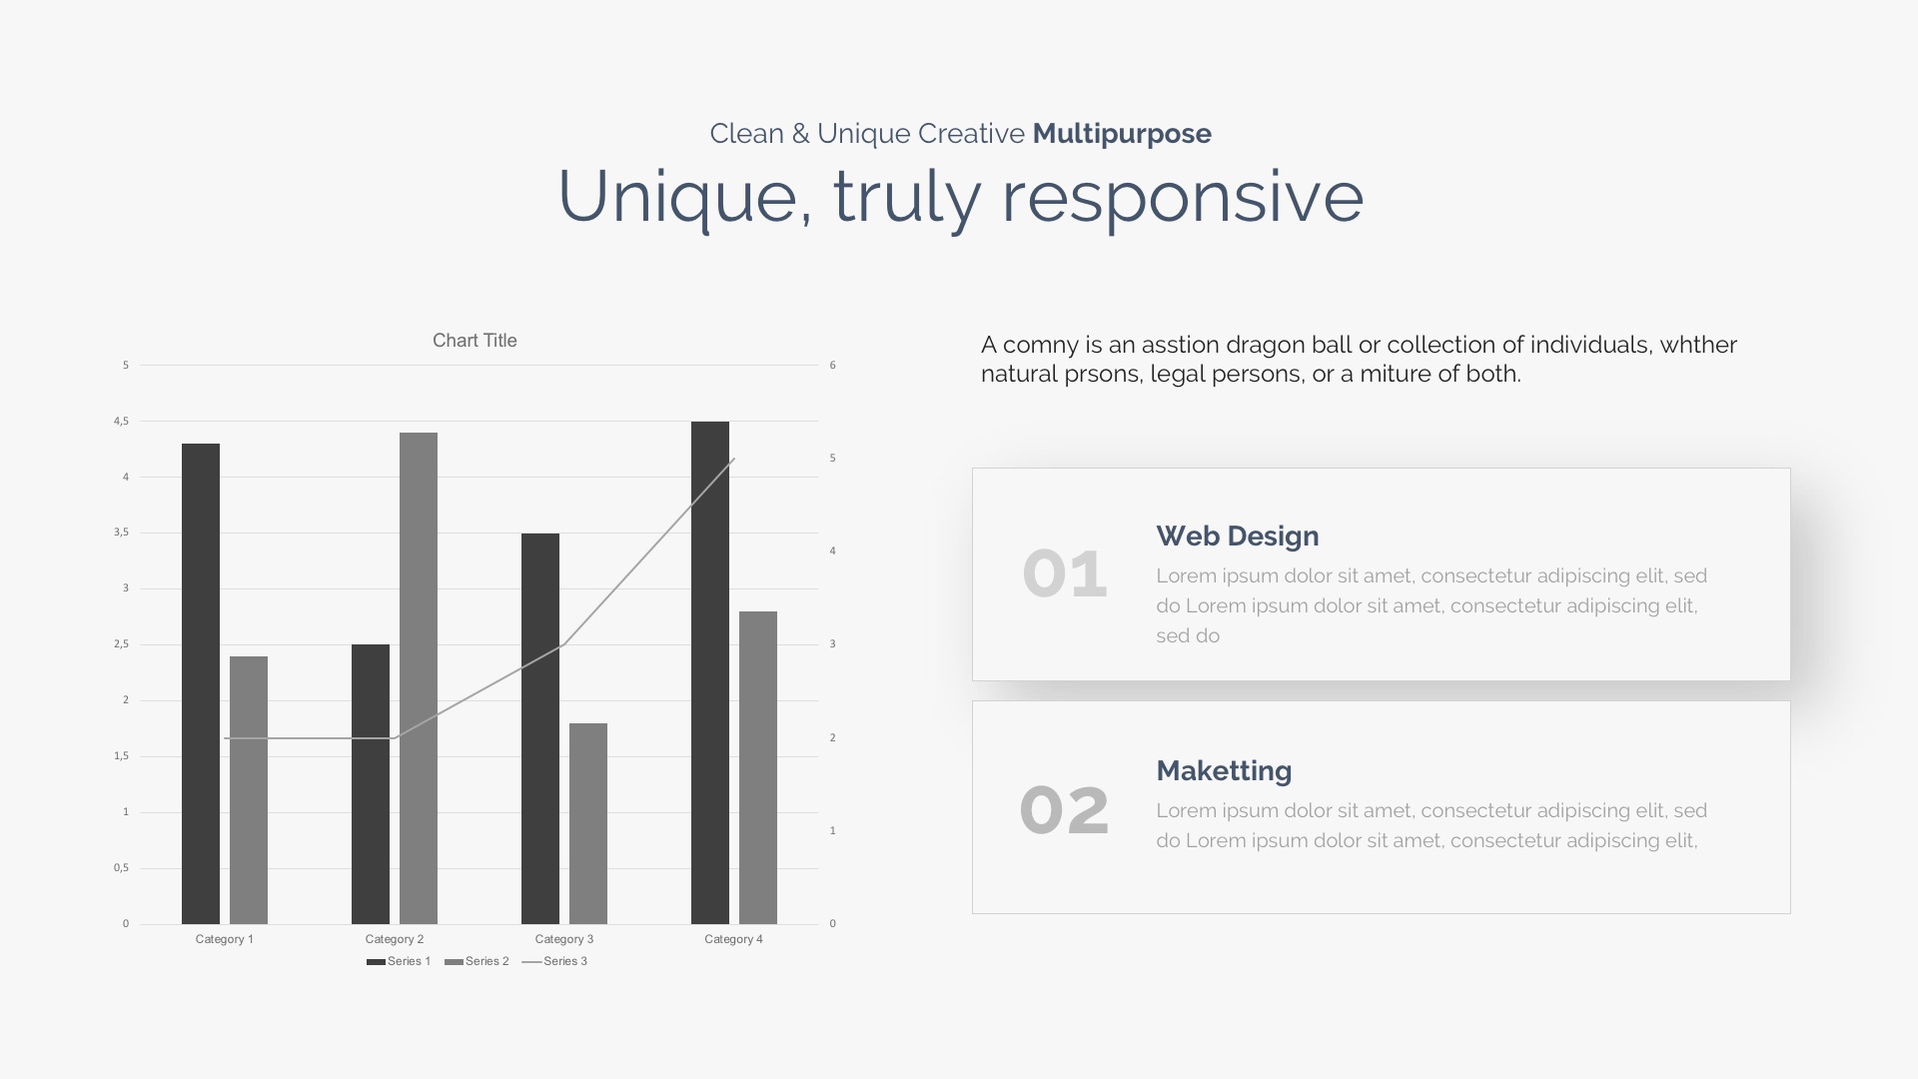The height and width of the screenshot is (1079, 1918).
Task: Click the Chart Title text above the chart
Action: [x=475, y=341]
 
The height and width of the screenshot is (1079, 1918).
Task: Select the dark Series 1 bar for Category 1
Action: [x=201, y=683]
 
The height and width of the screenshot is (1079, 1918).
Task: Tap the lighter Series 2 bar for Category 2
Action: [x=419, y=678]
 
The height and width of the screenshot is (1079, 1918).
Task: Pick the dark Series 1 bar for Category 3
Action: [x=540, y=728]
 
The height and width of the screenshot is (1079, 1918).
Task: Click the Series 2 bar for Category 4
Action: [x=758, y=767]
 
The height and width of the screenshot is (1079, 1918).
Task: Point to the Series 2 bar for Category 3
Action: [x=588, y=823]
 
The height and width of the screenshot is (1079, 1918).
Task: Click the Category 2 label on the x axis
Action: [x=395, y=939]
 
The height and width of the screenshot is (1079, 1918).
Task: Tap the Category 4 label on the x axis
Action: [x=733, y=939]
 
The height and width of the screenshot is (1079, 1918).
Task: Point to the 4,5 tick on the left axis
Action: [x=122, y=422]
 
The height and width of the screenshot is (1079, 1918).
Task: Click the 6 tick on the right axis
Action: [x=832, y=366]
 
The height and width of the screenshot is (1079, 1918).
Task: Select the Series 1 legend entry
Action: [x=399, y=961]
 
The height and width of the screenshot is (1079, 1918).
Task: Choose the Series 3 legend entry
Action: [x=554, y=961]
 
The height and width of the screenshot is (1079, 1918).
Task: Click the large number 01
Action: [x=1065, y=574]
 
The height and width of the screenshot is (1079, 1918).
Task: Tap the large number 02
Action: [x=1064, y=810]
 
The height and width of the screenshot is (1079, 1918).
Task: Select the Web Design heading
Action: [x=1238, y=537]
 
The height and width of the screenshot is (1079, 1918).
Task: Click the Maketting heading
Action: [x=1224, y=771]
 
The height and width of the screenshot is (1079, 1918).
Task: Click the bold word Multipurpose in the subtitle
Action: [x=1122, y=134]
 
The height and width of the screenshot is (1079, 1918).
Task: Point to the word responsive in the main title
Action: [x=1183, y=198]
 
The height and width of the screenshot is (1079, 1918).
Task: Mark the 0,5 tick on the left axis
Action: [x=122, y=868]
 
